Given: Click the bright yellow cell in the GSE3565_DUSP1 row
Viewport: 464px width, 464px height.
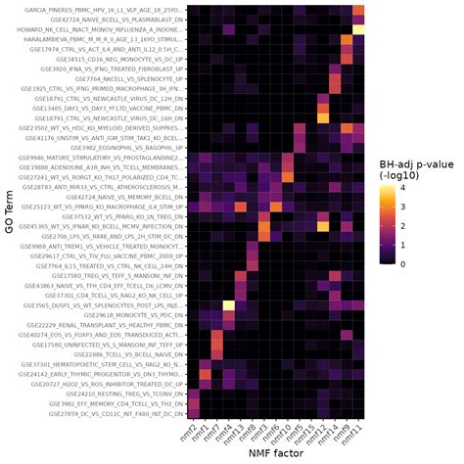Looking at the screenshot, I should pos(228,304).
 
